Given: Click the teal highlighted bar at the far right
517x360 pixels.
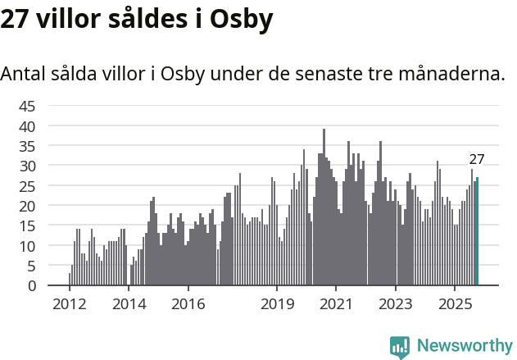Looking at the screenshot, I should click(478, 232).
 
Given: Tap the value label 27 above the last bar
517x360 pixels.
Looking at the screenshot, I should click(477, 160).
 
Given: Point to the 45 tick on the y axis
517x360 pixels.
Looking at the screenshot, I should click(27, 106).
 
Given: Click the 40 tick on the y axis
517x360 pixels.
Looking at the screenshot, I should click(27, 126).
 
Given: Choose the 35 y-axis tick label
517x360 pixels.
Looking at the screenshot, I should click(27, 146).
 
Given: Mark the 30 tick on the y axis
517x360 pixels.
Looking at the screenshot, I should click(27, 166).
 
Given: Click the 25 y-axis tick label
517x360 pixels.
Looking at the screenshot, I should click(27, 186).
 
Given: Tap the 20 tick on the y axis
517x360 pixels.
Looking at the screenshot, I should click(27, 206).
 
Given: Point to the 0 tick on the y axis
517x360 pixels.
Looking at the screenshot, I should click(32, 286).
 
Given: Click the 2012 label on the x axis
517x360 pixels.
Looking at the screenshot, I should click(69, 303).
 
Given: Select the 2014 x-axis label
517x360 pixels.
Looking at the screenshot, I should click(129, 303).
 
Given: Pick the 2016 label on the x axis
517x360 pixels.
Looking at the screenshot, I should click(188, 303).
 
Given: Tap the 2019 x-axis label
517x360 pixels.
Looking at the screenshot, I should click(277, 303).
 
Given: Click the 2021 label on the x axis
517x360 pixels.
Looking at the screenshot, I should click(336, 303).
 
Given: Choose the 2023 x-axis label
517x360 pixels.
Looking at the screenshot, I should click(396, 303).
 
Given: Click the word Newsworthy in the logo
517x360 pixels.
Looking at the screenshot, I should click(464, 346).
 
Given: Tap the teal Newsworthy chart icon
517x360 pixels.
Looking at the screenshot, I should click(400, 347).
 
